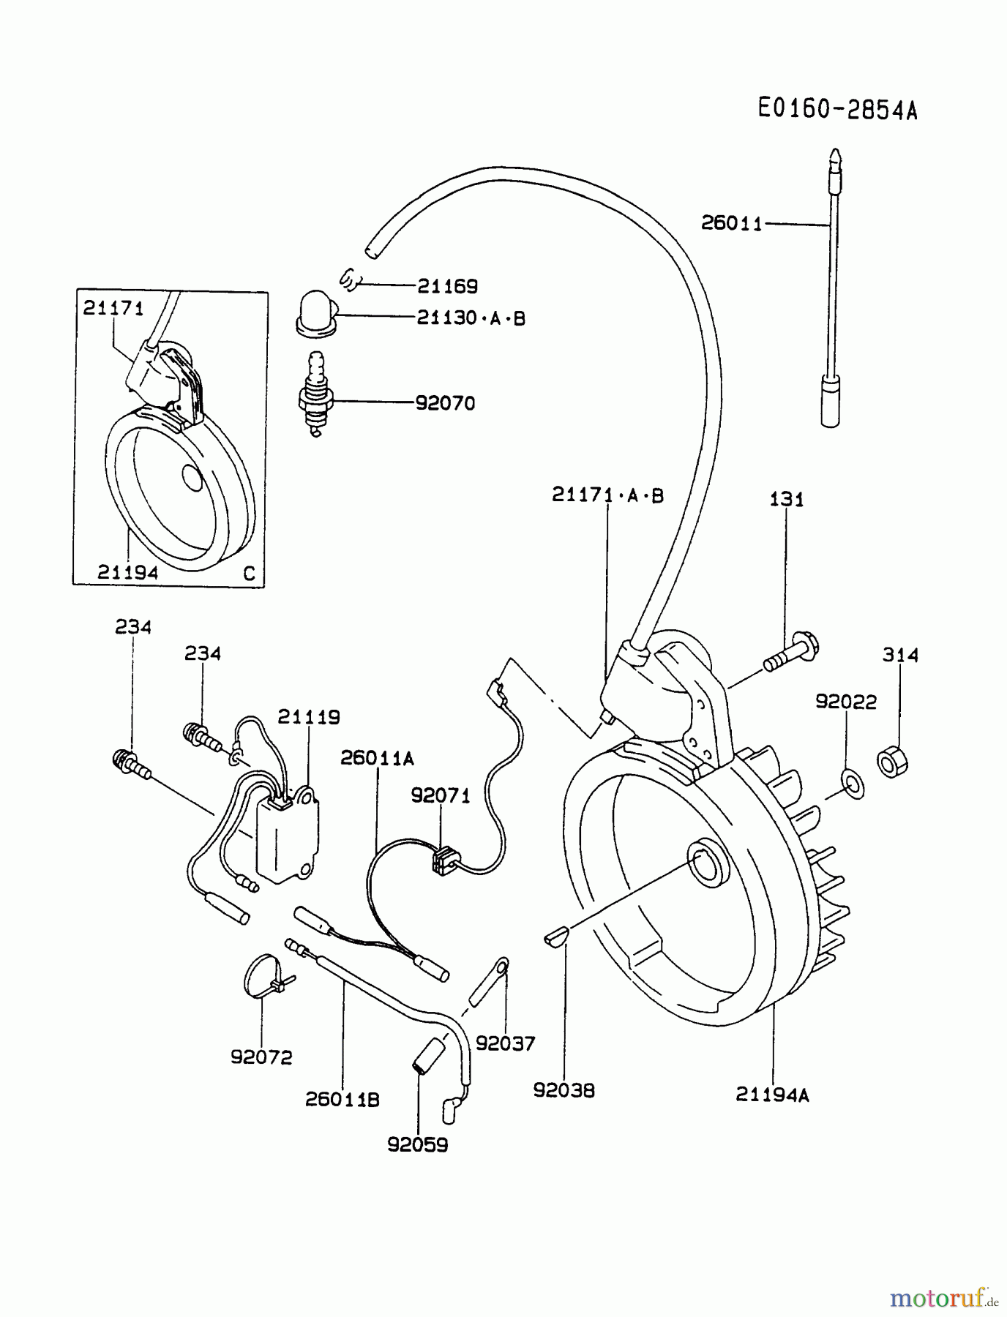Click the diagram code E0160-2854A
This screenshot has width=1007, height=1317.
[x=836, y=110]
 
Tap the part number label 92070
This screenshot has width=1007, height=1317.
[x=445, y=403]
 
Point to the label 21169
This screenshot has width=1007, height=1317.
[x=447, y=286]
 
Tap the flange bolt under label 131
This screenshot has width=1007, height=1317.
[x=793, y=654]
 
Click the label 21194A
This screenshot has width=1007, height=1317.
[x=773, y=1095]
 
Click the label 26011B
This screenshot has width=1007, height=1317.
[x=342, y=1100]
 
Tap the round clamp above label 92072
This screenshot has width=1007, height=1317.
[x=261, y=973]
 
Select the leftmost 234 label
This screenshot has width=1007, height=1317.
[x=133, y=627]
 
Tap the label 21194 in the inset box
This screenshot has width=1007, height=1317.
[x=127, y=573]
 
